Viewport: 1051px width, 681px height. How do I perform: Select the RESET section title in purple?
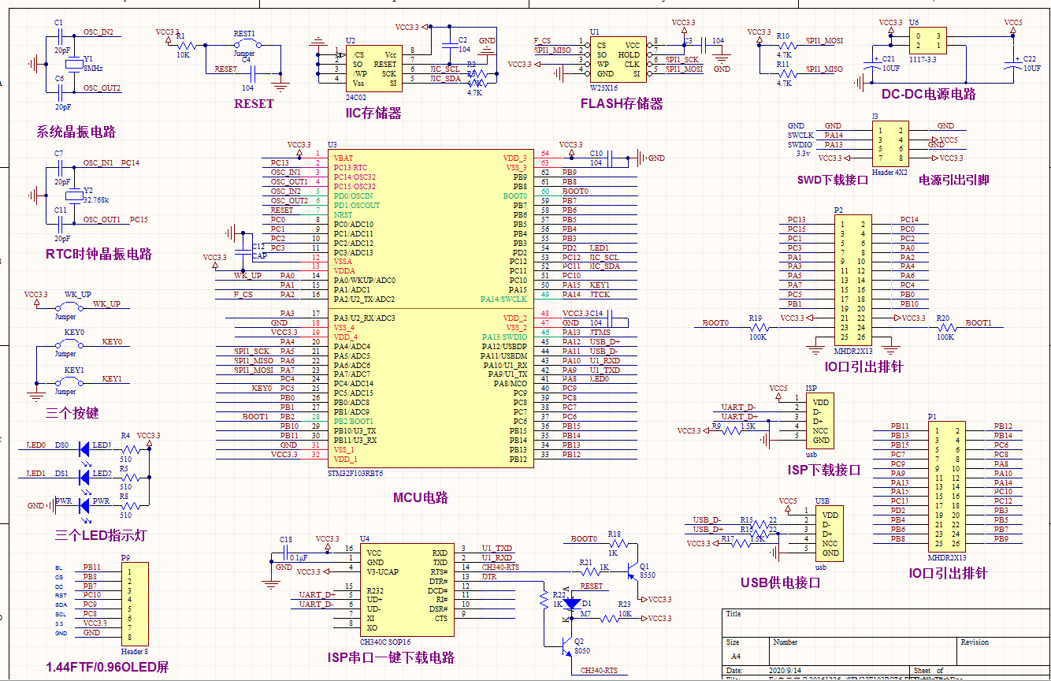coord(254,103)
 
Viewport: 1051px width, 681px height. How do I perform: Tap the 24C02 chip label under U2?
coord(355,98)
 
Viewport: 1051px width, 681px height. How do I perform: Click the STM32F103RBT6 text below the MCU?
coord(355,474)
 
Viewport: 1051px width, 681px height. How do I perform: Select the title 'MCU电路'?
coord(420,497)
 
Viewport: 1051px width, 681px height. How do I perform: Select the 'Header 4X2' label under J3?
coord(890,171)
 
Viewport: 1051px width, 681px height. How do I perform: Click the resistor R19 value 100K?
coord(758,337)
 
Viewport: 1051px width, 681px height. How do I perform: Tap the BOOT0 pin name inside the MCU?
coord(515,195)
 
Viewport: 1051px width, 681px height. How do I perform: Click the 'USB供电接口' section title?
coord(781,582)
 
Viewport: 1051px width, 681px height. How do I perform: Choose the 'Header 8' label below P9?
coord(134,651)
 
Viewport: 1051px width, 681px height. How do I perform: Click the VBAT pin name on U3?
coord(344,158)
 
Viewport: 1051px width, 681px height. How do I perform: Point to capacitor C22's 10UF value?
coord(1031,69)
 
